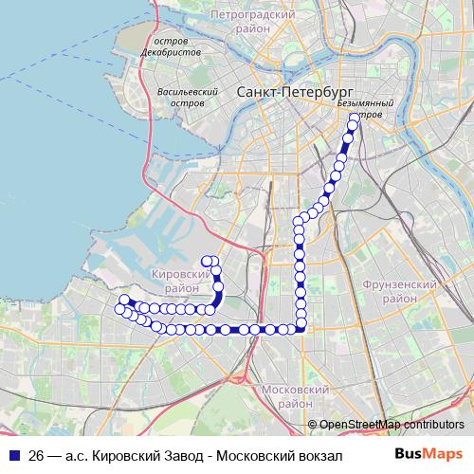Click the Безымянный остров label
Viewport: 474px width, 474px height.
pyautogui.click(x=361, y=107)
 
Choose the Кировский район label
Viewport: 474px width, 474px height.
pyautogui.click(x=180, y=279)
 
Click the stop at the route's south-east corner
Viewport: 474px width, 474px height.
pyautogui.click(x=301, y=329)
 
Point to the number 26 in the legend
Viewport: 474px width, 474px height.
pyautogui.click(x=37, y=455)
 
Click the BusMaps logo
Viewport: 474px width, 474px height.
pyautogui.click(x=431, y=454)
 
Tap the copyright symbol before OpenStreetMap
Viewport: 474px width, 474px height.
pyautogui.click(x=313, y=424)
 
